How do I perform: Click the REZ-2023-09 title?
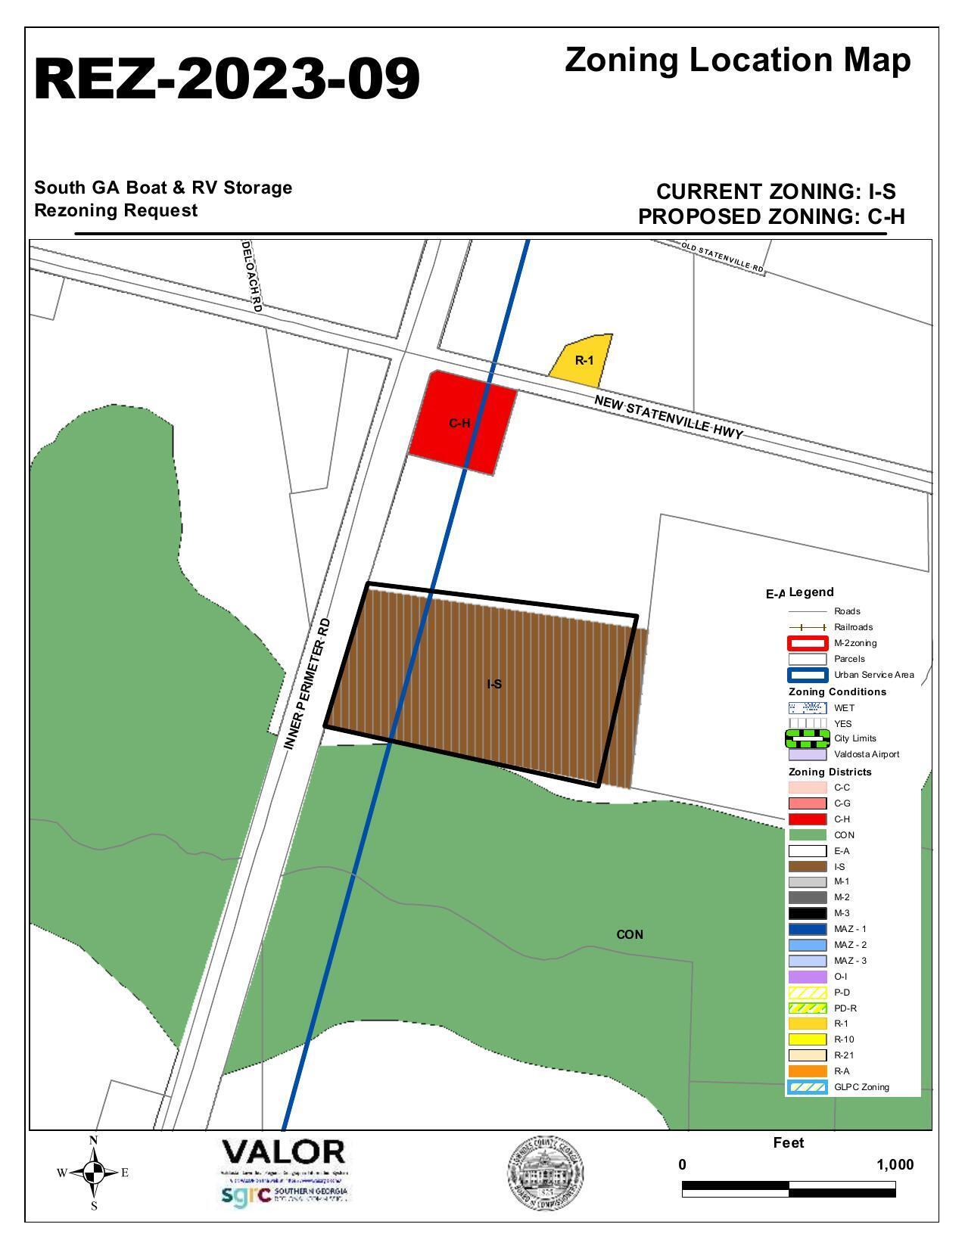(227, 79)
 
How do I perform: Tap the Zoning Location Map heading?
(737, 61)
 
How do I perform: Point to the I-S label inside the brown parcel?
(494, 684)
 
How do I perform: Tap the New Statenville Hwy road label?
(668, 417)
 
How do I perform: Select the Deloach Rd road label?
(251, 276)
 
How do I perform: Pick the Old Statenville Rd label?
(722, 257)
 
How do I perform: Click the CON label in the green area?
(630, 935)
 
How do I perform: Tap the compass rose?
(94, 1173)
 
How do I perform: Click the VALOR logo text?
(283, 1153)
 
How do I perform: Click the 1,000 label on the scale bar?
(895, 1165)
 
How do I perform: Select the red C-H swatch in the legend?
(807, 819)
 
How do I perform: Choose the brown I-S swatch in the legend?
(807, 867)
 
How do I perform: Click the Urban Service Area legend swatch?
(807, 675)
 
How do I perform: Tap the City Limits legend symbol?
(807, 738)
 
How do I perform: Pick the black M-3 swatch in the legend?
(807, 913)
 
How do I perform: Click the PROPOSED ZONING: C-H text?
(771, 217)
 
